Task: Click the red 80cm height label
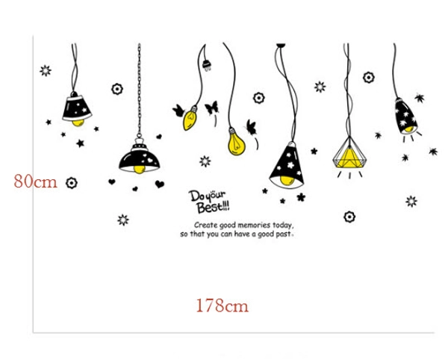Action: click(x=36, y=181)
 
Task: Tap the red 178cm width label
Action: click(x=222, y=305)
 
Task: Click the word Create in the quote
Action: click(x=205, y=225)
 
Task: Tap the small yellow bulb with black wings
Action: click(x=190, y=117)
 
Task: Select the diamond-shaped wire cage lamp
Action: click(x=347, y=152)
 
